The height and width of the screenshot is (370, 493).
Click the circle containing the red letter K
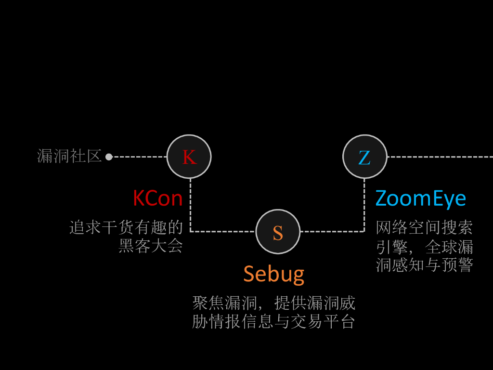click(189, 157)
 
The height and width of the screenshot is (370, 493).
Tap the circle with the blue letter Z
click(364, 157)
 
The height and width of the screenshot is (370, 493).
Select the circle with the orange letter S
click(278, 232)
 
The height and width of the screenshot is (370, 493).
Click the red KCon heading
click(157, 198)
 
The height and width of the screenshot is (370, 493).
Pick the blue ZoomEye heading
click(420, 198)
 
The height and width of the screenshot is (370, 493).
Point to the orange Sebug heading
click(273, 274)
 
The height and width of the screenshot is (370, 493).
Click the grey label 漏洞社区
click(69, 156)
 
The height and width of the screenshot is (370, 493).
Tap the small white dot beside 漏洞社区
click(109, 157)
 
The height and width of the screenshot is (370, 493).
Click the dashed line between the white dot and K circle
click(140, 157)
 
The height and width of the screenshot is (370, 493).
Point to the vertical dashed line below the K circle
click(191, 205)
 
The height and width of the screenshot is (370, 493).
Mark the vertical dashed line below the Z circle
click(364, 205)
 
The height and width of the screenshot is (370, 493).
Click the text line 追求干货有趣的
click(126, 227)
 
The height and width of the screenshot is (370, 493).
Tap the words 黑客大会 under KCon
click(151, 246)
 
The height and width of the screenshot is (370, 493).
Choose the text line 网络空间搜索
click(424, 227)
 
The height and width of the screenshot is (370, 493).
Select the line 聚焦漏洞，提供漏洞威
click(273, 303)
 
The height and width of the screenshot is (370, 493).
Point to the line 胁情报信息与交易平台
click(273, 321)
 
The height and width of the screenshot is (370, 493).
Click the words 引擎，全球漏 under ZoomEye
click(424, 246)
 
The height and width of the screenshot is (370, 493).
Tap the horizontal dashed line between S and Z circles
click(332, 232)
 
